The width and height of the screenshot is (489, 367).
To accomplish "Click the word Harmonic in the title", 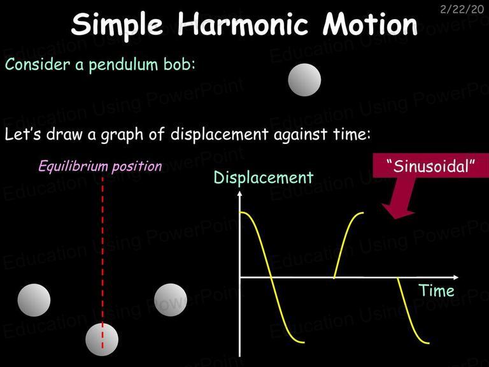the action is [243, 24].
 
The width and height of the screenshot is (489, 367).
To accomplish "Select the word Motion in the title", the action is [370, 24].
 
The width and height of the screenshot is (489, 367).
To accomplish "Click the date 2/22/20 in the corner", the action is [462, 10].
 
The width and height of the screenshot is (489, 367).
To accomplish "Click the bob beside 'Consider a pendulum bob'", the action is [304, 80].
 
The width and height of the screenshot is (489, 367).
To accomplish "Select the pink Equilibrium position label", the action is [101, 166].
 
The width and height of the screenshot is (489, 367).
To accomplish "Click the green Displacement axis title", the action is [264, 178].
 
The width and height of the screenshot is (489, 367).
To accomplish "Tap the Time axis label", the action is [436, 291].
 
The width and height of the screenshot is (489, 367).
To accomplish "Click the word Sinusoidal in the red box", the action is [430, 166].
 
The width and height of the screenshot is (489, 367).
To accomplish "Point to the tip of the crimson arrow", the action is [395, 219].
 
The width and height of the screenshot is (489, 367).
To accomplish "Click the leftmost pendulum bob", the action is [34, 300].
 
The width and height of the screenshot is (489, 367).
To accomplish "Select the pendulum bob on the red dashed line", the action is [102, 340].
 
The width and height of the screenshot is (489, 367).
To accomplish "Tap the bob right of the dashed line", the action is [171, 300].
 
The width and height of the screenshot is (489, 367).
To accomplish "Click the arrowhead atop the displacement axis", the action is [239, 194].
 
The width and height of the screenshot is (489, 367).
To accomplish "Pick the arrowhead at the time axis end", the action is [456, 277].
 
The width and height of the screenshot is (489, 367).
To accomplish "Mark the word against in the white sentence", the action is [301, 135].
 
